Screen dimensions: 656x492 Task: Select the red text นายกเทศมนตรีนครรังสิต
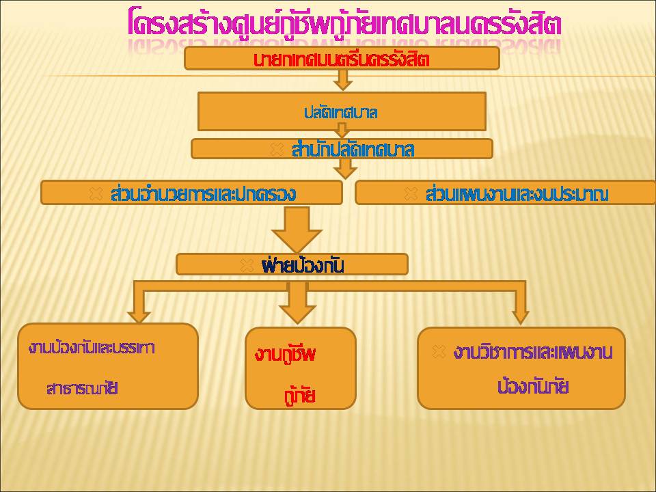tap(342, 60)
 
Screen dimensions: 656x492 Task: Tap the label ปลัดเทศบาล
tap(340, 113)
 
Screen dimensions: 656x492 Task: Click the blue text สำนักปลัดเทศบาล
tap(353, 150)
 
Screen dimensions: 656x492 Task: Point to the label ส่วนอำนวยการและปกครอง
tap(204, 193)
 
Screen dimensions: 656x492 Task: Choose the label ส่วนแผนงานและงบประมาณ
tap(517, 194)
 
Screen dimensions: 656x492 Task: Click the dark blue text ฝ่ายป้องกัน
tap(302, 265)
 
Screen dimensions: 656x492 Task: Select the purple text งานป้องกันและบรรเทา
tap(92, 348)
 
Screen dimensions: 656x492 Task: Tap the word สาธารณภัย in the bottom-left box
tap(82, 389)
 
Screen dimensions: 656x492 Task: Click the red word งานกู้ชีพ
tap(285, 355)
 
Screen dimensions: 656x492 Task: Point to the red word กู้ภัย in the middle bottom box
tap(299, 396)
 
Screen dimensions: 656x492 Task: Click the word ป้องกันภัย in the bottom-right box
tap(532, 386)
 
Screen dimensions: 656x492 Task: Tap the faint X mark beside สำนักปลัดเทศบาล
tap(277, 150)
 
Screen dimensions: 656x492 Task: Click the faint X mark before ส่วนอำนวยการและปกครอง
tap(96, 193)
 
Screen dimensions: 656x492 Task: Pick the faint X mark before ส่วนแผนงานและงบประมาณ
tap(411, 193)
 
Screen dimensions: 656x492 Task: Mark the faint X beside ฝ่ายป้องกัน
tap(247, 265)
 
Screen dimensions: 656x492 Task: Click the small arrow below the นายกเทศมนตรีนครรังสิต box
tap(342, 79)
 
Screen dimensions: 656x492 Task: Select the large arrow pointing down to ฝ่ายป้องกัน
tap(297, 230)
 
